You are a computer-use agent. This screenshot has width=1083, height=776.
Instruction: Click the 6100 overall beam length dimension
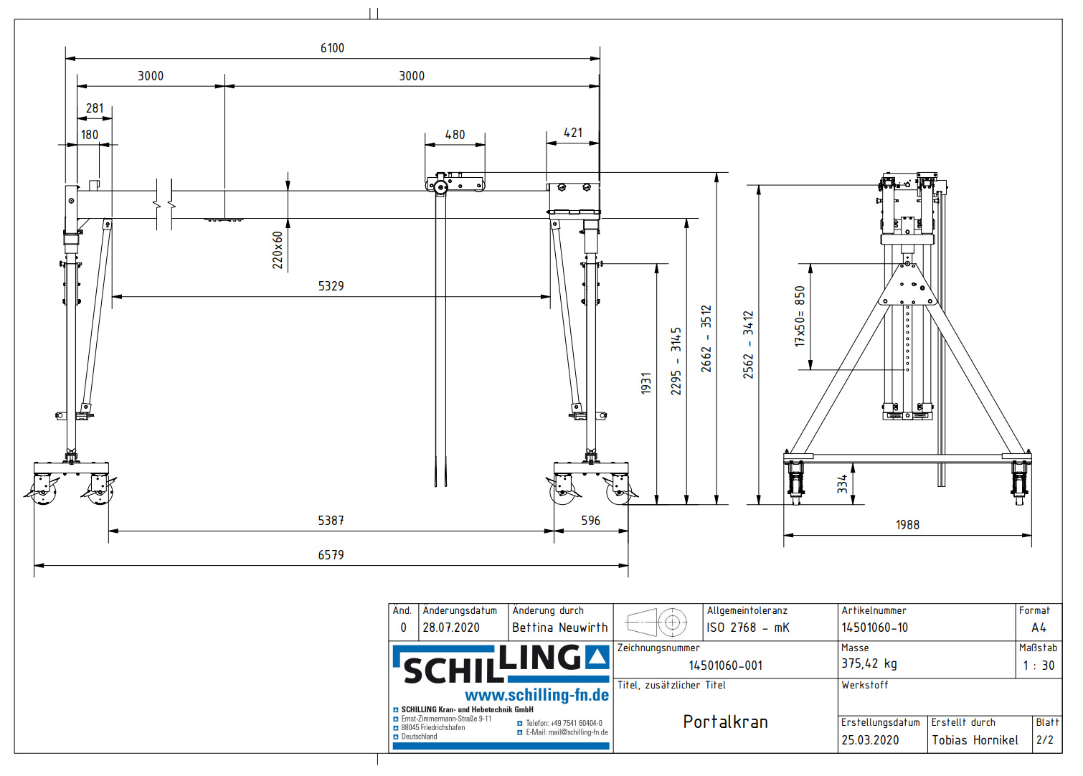click(332, 48)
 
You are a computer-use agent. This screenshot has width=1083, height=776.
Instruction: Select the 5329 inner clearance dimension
click(331, 285)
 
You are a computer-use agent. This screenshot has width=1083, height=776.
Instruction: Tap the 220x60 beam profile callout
click(278, 250)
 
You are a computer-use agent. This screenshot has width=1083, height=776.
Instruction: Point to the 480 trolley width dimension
click(455, 134)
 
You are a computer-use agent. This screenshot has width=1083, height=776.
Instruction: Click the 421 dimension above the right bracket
click(573, 133)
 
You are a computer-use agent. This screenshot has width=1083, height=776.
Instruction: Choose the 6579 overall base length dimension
click(331, 554)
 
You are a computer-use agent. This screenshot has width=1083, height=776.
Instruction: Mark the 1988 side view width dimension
click(907, 524)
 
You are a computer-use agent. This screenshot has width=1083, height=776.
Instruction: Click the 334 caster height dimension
click(842, 483)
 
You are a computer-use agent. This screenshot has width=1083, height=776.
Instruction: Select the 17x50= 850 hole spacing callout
click(800, 316)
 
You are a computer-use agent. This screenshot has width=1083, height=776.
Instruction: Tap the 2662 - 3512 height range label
click(706, 339)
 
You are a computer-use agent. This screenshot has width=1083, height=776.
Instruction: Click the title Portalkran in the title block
click(725, 721)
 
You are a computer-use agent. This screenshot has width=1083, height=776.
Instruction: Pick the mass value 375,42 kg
click(869, 663)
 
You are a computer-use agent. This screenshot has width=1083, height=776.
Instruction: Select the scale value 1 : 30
click(1039, 666)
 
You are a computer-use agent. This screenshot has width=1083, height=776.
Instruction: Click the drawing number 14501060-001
click(725, 666)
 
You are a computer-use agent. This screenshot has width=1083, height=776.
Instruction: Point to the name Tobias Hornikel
click(975, 740)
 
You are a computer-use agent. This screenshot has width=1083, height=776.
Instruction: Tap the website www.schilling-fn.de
click(536, 695)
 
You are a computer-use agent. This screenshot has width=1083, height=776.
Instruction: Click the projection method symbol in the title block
click(656, 622)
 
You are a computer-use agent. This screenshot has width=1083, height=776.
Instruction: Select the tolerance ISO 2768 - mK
click(747, 628)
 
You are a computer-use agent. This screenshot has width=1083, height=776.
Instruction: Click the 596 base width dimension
click(590, 520)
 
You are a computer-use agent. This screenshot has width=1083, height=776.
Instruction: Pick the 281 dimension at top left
click(95, 108)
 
